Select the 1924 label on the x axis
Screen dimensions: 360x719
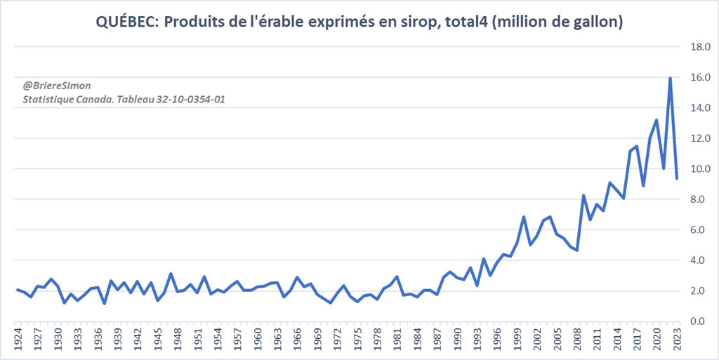point(17,340)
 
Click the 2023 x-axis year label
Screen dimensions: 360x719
point(677,340)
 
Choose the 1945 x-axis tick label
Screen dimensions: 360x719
point(157,340)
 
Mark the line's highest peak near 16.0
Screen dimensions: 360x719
point(670,78)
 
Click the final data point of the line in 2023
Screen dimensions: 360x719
point(677,178)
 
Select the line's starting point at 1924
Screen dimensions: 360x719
point(17,289)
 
